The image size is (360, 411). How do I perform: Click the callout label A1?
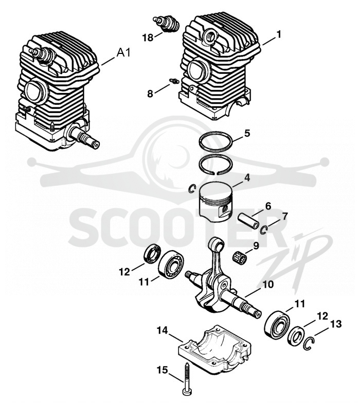click(x=123, y=53)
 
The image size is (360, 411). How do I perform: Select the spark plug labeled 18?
click(x=166, y=24)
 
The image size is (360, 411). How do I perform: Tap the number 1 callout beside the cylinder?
click(x=278, y=34)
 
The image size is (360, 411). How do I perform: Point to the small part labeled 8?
click(x=174, y=82)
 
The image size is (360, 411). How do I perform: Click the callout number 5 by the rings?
click(x=247, y=133)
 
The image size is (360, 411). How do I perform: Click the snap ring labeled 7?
click(x=264, y=229)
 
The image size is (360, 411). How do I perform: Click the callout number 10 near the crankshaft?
click(x=268, y=285)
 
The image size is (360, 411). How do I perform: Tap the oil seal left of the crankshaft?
click(x=152, y=254)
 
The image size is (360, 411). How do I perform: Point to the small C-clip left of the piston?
click(x=192, y=189)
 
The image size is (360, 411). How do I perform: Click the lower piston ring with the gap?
click(x=215, y=164)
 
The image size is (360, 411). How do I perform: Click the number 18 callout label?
click(x=148, y=38)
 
